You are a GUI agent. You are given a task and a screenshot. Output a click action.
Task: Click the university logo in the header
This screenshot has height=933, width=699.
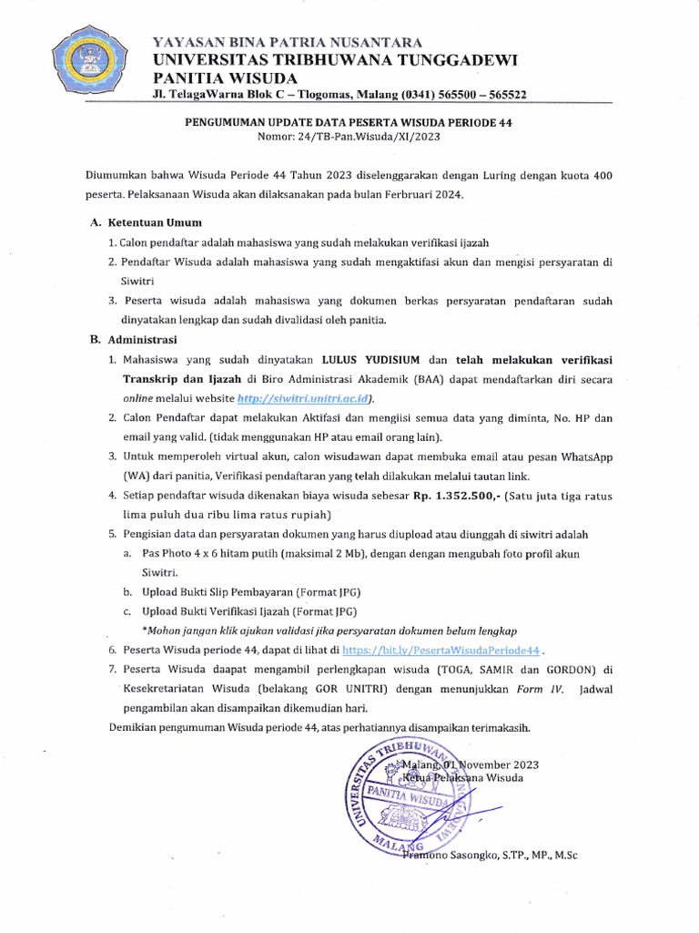click(x=89, y=65)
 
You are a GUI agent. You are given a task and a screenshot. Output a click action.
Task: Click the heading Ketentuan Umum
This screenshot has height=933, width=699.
click(x=154, y=222)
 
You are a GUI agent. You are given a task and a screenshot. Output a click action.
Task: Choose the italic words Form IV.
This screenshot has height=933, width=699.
click(x=541, y=690)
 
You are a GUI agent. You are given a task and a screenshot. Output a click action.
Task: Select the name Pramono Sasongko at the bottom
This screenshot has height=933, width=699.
click(x=446, y=855)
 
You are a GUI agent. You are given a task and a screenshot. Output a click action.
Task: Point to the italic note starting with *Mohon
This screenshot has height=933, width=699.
click(x=329, y=630)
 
